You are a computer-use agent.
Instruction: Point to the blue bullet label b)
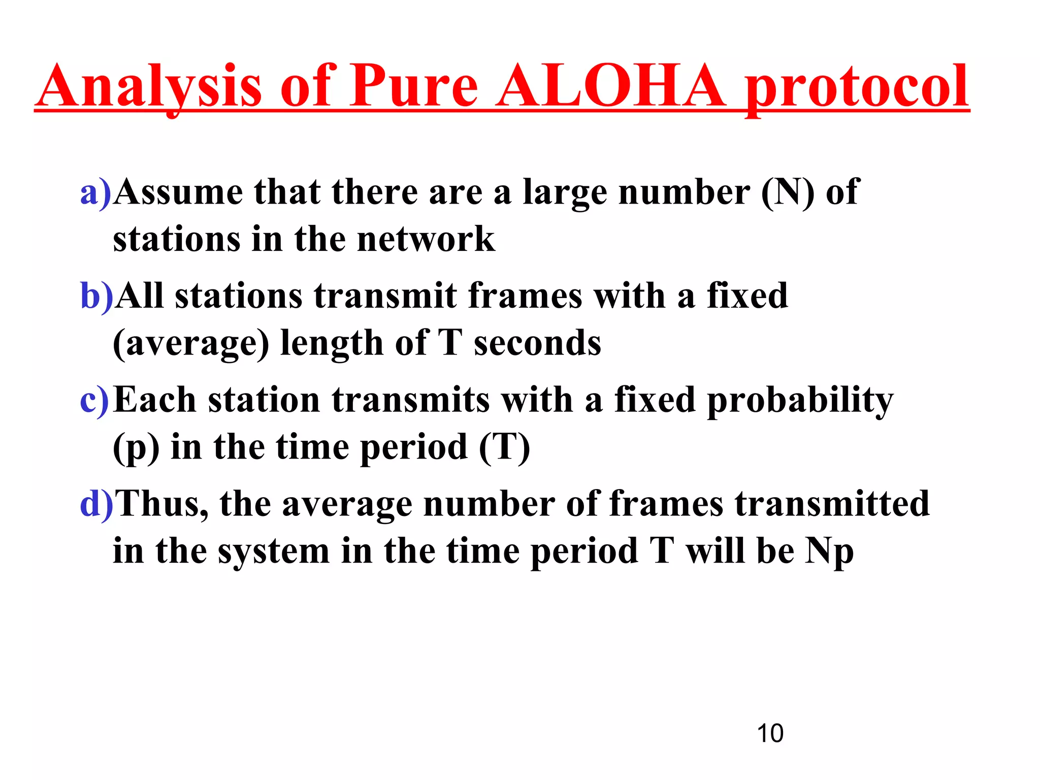pyautogui.click(x=96, y=297)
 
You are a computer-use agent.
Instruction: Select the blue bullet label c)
pyautogui.click(x=95, y=400)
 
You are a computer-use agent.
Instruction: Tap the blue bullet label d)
pyautogui.click(x=96, y=504)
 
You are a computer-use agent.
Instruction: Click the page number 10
pyautogui.click(x=770, y=733)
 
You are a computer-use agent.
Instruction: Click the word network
pyautogui.click(x=426, y=240)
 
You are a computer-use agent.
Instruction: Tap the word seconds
pyautogui.click(x=537, y=343)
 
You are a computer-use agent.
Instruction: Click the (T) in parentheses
pyautogui.click(x=504, y=447)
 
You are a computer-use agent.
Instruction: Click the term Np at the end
pyautogui.click(x=829, y=552)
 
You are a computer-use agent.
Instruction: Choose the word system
pyautogui.click(x=274, y=552)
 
